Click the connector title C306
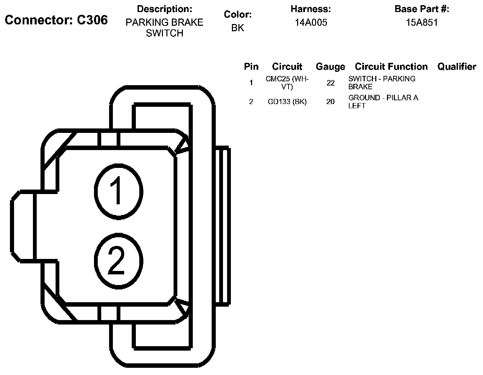click(56, 20)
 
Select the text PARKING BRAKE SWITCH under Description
click(164, 28)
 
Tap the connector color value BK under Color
click(238, 28)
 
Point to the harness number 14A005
click(311, 22)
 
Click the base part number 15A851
click(422, 22)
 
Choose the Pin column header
click(251, 67)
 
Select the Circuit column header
click(287, 67)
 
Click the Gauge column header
click(331, 67)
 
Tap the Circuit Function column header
click(391, 67)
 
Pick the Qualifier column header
click(457, 67)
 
